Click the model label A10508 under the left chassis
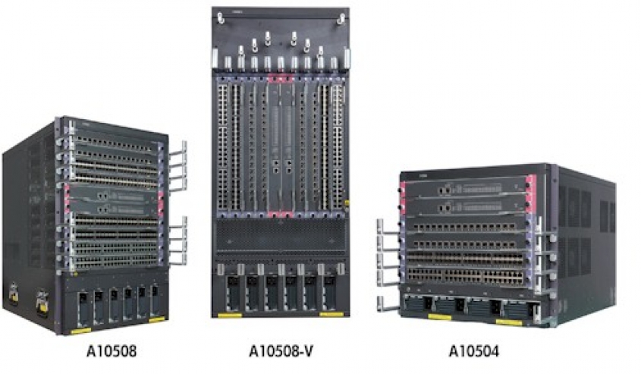pyautogui.click(x=112, y=351)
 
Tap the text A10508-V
pyautogui.click(x=281, y=351)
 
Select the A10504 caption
pyautogui.click(x=474, y=351)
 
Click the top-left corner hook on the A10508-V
pyautogui.click(x=221, y=18)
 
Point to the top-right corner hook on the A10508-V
pyautogui.click(x=341, y=18)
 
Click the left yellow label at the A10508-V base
pyautogui.click(x=230, y=315)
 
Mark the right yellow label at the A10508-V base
pyautogui.click(x=331, y=314)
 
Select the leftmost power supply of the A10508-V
pyautogui.click(x=233, y=292)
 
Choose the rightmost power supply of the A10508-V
pyautogui.click(x=329, y=292)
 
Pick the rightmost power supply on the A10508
pyautogui.click(x=155, y=301)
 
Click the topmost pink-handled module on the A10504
pyautogui.click(x=467, y=188)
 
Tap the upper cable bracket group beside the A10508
pyautogui.click(x=178, y=165)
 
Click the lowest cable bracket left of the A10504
pyautogui.click(x=386, y=304)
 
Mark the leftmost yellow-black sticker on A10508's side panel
pyautogui.click(x=14, y=293)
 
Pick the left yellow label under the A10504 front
pyautogui.click(x=439, y=317)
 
